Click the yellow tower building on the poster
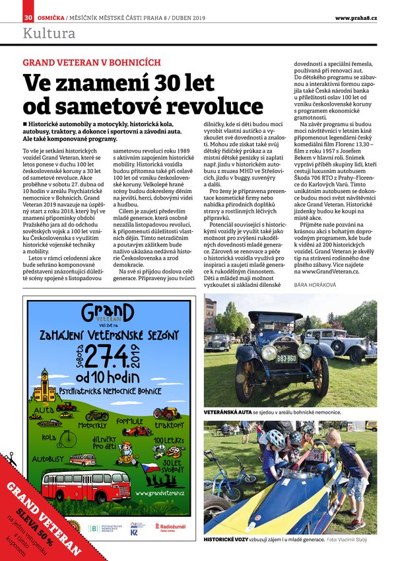pos(45,385)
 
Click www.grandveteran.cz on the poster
pos(160,492)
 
